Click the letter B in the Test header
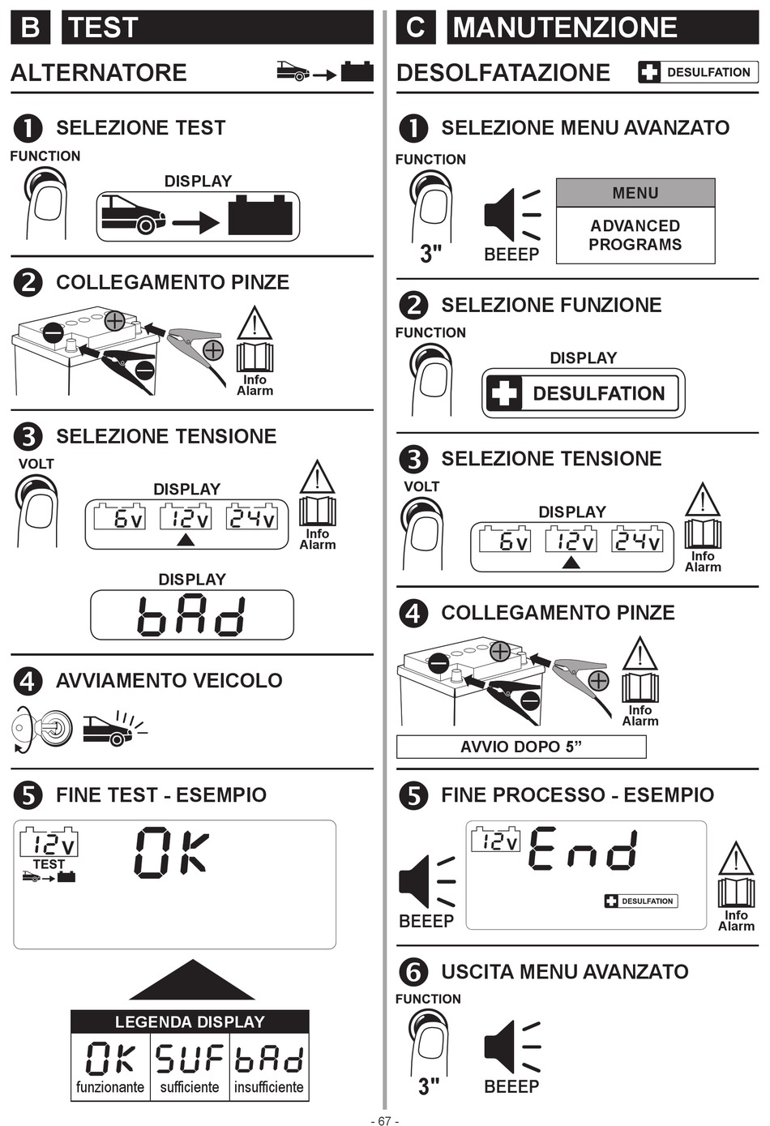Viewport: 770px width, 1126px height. click(x=30, y=27)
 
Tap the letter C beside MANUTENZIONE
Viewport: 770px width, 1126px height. click(x=416, y=27)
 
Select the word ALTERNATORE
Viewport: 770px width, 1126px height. click(x=99, y=73)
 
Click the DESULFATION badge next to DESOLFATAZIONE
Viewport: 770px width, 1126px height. click(x=698, y=72)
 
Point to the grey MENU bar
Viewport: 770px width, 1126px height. click(x=635, y=193)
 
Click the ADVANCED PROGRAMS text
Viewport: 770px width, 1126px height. click(x=635, y=235)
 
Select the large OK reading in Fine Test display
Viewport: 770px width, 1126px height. click(x=171, y=853)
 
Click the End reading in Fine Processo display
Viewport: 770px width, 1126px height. click(x=583, y=850)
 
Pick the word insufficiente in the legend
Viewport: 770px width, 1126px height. click(x=269, y=1087)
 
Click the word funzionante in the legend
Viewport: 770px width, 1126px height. click(x=110, y=1087)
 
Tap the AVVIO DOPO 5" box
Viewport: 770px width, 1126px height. click(x=521, y=747)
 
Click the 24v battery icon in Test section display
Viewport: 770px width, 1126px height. click(x=252, y=516)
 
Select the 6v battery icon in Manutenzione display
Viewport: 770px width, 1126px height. click(x=505, y=539)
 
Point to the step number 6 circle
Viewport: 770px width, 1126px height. click(x=413, y=972)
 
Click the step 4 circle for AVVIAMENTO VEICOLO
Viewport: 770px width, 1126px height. click(x=28, y=681)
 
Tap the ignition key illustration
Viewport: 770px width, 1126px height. click(x=42, y=728)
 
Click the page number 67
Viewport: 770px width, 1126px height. click(x=384, y=1120)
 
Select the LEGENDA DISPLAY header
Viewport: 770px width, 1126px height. click(x=190, y=1022)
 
